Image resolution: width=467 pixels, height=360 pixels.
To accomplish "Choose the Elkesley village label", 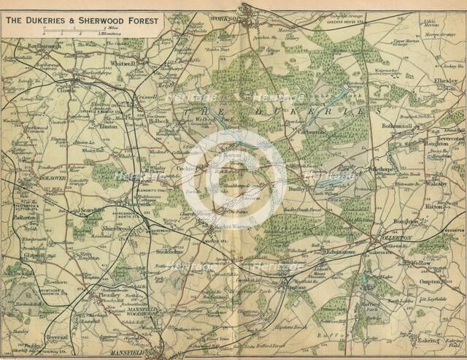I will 444,80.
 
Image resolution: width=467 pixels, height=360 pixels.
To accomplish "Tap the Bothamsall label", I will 397,126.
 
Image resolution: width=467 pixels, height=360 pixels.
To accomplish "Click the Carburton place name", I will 312,132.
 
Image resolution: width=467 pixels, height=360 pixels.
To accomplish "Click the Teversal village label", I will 55,337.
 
